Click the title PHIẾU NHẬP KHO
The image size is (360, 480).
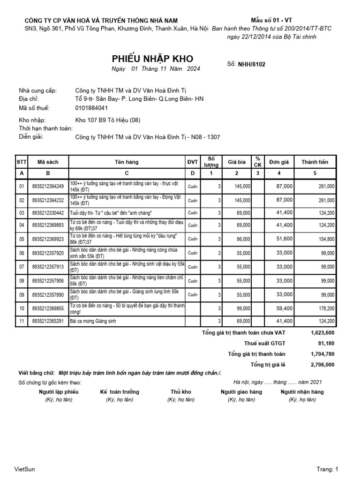click(x=152, y=59)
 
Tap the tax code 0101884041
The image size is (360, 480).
click(x=95, y=107)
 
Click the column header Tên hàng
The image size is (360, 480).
click(x=127, y=162)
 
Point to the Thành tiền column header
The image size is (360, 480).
click(x=315, y=162)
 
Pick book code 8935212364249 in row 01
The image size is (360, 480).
click(x=48, y=187)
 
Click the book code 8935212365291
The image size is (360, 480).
click(x=48, y=321)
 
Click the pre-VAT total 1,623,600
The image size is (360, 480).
click(x=322, y=332)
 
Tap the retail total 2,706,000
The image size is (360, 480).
click(x=322, y=364)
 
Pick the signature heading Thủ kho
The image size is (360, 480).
click(x=181, y=392)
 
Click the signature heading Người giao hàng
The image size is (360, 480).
click(x=241, y=392)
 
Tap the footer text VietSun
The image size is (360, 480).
click(x=25, y=469)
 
